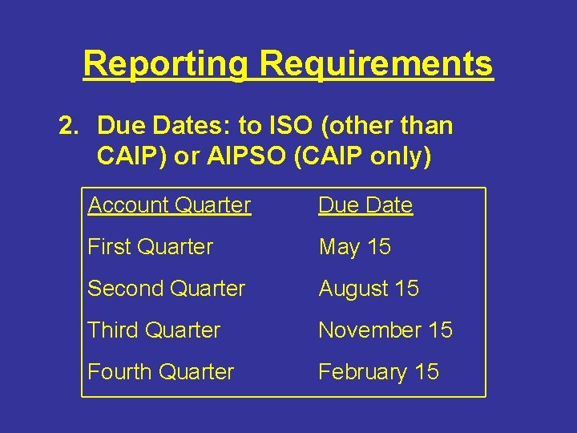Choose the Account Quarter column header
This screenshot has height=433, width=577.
[169, 205]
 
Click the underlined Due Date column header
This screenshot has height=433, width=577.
[365, 205]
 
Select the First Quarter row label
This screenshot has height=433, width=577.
[150, 247]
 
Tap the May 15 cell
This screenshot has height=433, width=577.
[354, 247]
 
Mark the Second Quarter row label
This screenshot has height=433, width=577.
[166, 289]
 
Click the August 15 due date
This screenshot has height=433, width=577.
[369, 289]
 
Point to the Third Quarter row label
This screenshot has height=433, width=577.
[153, 330]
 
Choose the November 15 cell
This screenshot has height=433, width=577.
[385, 330]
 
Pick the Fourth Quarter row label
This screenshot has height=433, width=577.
[160, 372]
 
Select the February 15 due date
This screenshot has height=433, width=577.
[378, 372]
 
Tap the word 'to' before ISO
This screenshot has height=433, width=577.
[251, 126]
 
